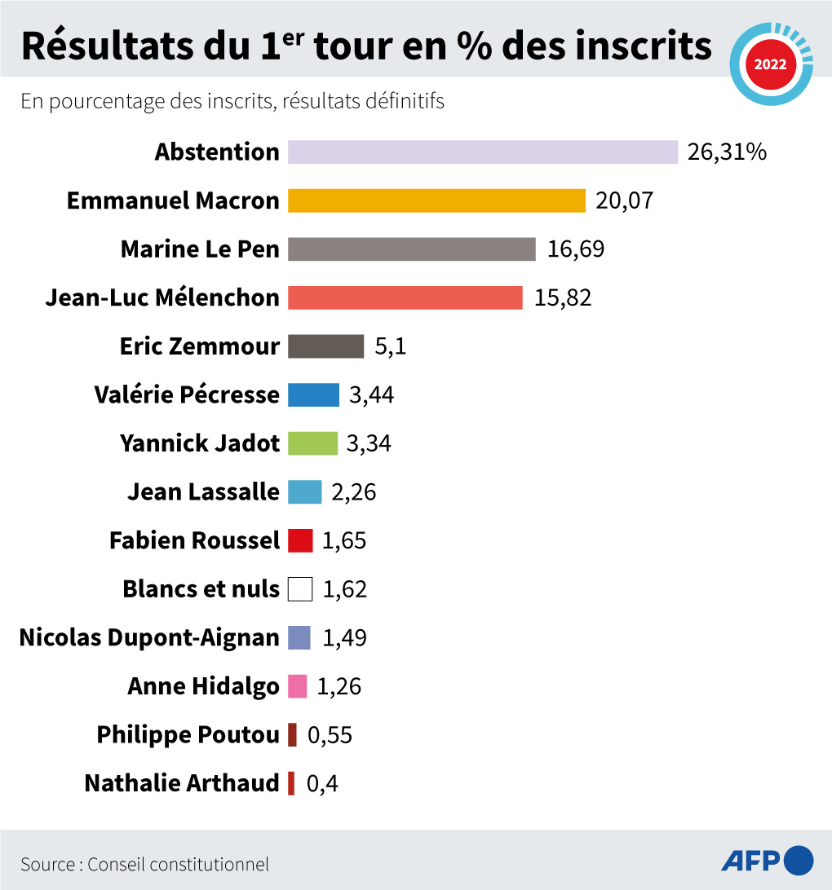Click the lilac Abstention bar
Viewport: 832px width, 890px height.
click(x=483, y=152)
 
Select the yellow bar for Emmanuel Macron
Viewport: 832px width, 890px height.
click(x=436, y=200)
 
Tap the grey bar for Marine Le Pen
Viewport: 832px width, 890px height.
click(x=412, y=249)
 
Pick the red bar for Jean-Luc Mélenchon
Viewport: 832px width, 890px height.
click(x=405, y=297)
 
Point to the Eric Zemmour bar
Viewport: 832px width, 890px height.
click(x=325, y=346)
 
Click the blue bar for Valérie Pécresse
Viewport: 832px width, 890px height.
click(x=313, y=394)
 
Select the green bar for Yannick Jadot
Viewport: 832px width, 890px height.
click(x=312, y=443)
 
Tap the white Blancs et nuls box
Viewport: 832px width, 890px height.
click(x=300, y=588)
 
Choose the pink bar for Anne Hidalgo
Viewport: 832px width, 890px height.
click(x=298, y=686)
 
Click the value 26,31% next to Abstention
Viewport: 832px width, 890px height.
click(x=727, y=152)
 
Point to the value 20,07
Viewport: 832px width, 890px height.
click(x=624, y=200)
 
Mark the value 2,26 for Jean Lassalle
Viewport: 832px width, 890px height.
click(x=354, y=492)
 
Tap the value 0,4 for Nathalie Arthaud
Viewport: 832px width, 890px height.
click(x=322, y=784)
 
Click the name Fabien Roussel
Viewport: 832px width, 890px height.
click(x=194, y=540)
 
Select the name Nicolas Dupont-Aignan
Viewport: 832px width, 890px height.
click(x=149, y=637)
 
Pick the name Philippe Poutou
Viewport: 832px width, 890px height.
click(x=188, y=734)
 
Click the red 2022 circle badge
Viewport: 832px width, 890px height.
click(x=770, y=64)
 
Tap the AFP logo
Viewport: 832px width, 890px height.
click(x=767, y=860)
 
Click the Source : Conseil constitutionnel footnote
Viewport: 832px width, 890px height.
click(x=145, y=864)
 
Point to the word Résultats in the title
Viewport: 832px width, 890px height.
click(x=107, y=47)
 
